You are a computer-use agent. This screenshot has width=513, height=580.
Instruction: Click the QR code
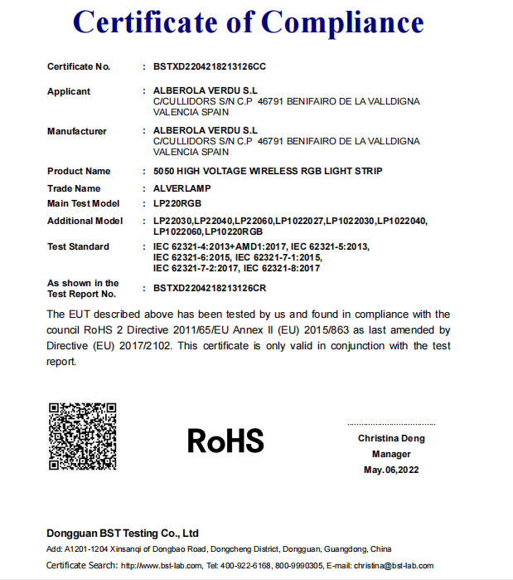[81, 436]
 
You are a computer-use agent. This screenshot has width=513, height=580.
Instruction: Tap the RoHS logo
[225, 440]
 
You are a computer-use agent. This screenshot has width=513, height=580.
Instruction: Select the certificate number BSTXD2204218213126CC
[210, 66]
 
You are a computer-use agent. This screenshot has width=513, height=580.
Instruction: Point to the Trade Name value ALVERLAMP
[180, 188]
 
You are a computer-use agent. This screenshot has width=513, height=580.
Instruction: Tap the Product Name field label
[79, 171]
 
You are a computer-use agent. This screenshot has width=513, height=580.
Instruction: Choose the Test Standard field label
[78, 246]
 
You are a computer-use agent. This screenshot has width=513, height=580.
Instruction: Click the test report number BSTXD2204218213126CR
[210, 288]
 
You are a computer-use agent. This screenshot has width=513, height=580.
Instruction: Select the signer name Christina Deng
[391, 437]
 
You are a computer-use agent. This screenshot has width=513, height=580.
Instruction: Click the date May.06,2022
[391, 470]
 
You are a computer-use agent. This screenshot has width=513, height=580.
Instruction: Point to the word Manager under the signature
[391, 454]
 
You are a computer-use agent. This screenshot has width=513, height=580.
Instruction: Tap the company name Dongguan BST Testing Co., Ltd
[123, 533]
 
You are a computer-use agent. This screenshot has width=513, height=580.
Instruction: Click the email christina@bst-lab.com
[394, 566]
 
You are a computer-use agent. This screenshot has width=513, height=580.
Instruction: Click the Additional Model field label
[85, 221]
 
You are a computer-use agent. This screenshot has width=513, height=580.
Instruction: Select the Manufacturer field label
[77, 131]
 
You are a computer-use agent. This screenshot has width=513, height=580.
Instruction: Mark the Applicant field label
[69, 91]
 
